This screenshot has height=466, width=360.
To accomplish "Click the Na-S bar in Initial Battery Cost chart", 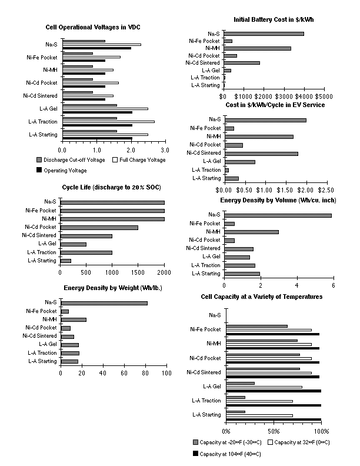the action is coord(264,34).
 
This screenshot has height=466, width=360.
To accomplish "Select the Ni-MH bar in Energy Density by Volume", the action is coord(251,232).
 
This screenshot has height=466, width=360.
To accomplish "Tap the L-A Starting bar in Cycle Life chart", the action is coord(66,261).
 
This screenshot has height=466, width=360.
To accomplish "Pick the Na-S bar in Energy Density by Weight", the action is coord(104,303).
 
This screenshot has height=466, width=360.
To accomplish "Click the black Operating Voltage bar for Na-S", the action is coord(97,48).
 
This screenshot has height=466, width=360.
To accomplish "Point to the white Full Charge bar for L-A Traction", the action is coord(108,122).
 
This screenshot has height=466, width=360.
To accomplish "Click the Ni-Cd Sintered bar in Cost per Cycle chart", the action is coord(261,154).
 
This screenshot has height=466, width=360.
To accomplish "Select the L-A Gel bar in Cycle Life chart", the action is coord(74,244).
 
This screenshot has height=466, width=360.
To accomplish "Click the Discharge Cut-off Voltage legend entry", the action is coord(71,160).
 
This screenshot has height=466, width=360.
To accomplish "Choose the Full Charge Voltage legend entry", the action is coord(139,160).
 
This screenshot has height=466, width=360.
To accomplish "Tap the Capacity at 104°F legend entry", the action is coord(227,454).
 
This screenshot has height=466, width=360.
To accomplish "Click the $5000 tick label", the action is coord(324,96).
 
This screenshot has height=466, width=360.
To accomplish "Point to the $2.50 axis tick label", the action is coord(326,190).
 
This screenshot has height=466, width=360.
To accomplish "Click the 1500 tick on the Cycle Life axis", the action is coord(138,272).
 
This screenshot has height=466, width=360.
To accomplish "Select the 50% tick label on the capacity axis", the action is coord(274,431).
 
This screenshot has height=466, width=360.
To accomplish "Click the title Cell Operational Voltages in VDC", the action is coord(93,27).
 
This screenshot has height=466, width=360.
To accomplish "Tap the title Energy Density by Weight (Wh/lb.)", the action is coord(113,288).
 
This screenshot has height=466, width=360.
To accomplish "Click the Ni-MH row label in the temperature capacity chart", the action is coord(214,344).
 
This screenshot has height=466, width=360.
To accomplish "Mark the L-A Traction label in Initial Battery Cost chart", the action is coord(205,78).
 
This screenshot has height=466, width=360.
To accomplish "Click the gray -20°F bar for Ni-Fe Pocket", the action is coord(257,326).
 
